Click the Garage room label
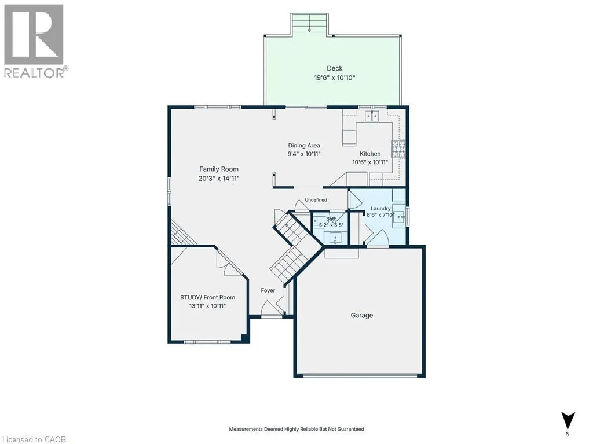coord(361,315)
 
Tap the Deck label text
coord(335,68)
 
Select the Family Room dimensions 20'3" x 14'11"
coord(219,178)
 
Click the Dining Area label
coord(304,145)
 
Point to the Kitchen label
coord(370,154)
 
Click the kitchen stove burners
coord(398,149)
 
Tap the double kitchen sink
coord(372,116)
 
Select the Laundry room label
coord(380,208)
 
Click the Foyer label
coord(268,290)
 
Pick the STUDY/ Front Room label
coord(208,298)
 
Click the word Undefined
coord(316,199)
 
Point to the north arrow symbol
coord(568,420)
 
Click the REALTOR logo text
coord(36,73)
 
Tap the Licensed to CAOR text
coord(33,439)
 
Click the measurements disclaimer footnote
coord(296,429)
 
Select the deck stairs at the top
coord(309,24)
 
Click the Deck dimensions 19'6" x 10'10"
coord(335,78)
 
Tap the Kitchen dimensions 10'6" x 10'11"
coord(370,162)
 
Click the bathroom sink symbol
coord(335,239)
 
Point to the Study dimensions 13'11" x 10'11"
coord(208,306)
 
